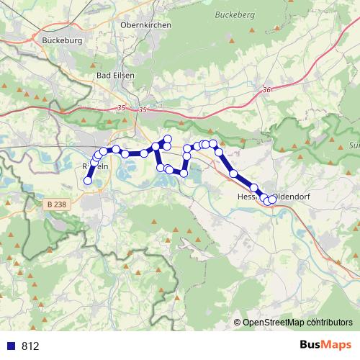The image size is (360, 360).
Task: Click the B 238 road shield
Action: point(52,205)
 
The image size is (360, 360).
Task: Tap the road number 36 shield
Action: point(267,89)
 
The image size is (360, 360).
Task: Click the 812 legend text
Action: point(30,346)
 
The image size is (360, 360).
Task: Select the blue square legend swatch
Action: point(11,346)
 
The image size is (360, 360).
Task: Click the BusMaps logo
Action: point(322,345)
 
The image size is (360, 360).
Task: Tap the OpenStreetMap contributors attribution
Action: point(297,322)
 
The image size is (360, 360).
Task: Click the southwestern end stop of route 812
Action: point(88,181)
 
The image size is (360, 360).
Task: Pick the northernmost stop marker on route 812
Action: point(168,138)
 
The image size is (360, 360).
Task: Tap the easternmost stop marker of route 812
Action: point(272,200)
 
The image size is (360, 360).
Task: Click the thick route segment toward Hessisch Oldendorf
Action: point(243,180)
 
